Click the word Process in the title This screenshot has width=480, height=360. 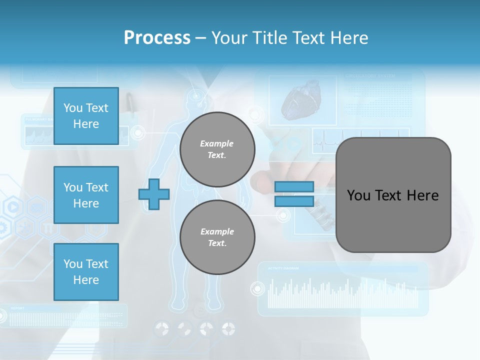click(x=157, y=38)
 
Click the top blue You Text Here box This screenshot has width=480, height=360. click(x=86, y=116)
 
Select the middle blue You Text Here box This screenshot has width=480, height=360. click(x=86, y=195)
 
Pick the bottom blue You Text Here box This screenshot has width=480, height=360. click(x=86, y=272)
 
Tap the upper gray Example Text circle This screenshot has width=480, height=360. click(x=217, y=149)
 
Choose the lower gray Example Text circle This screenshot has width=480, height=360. click(x=217, y=237)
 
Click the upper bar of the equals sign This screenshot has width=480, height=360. click(x=294, y=186)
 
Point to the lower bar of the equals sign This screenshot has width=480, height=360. click(x=294, y=201)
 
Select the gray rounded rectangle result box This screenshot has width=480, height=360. click(x=393, y=195)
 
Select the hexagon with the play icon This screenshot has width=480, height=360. click(x=13, y=206)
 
